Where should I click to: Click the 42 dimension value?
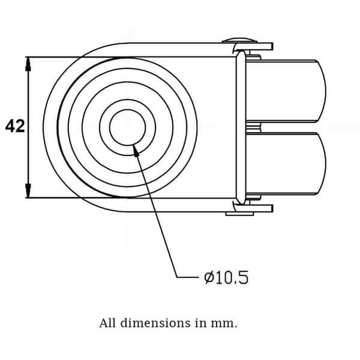click(15, 126)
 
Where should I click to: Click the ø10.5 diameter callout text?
click(226, 277)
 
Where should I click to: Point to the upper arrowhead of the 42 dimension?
click(28, 64)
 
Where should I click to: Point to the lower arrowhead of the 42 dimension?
click(28, 191)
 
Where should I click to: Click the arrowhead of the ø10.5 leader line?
click(136, 151)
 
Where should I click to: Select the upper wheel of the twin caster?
click(286, 91)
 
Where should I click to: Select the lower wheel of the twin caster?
click(286, 164)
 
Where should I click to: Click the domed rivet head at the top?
click(239, 40)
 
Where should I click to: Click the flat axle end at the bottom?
click(239, 214)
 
